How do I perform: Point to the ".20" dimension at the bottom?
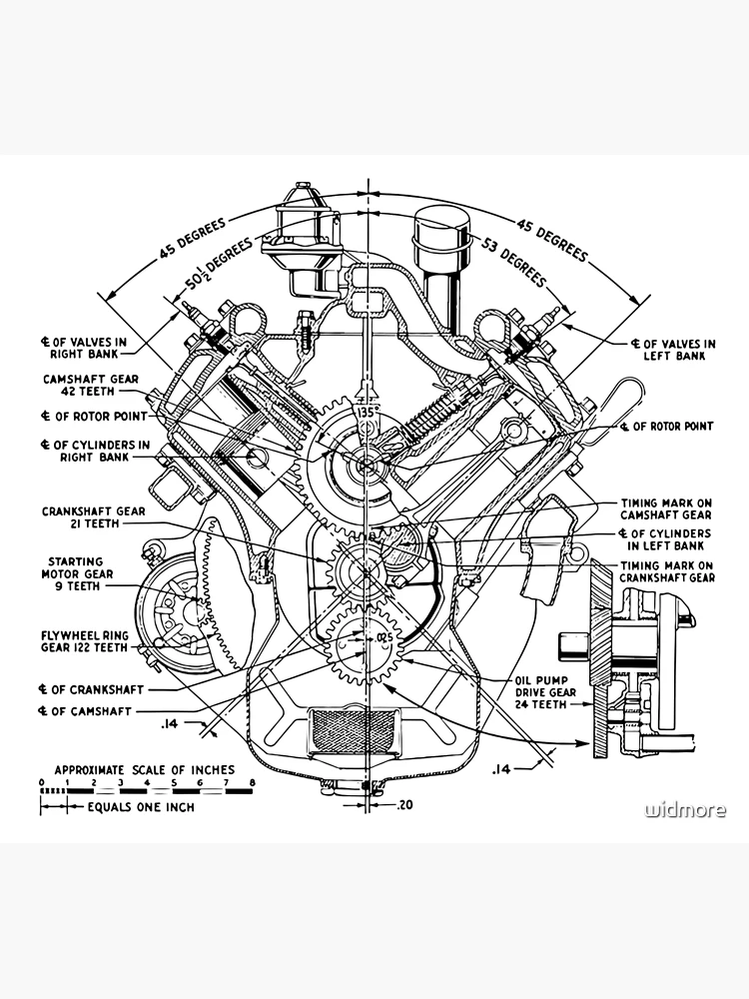point(403,804)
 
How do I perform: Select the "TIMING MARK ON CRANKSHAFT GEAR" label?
point(667,570)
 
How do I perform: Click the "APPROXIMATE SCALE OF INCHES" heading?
point(144,770)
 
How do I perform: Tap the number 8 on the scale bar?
point(253,781)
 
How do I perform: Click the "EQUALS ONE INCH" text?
point(141,807)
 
